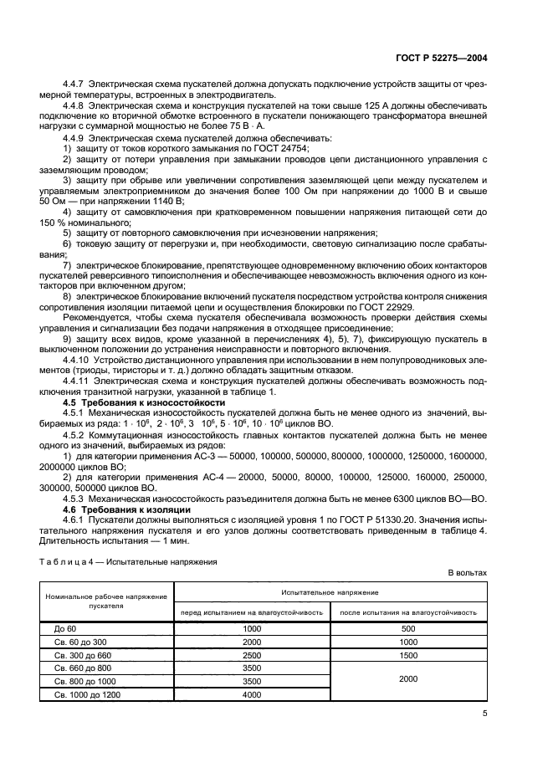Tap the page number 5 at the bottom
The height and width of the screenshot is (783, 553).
coord(484,713)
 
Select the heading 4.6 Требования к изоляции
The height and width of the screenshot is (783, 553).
coord(128,509)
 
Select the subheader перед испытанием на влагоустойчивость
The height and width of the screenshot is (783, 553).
coord(251,612)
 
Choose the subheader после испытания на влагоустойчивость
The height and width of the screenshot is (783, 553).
coord(408,612)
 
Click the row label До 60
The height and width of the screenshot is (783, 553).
coord(65,627)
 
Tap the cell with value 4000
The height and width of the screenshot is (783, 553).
coord(251,694)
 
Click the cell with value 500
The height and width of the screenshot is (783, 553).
coord(408,627)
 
